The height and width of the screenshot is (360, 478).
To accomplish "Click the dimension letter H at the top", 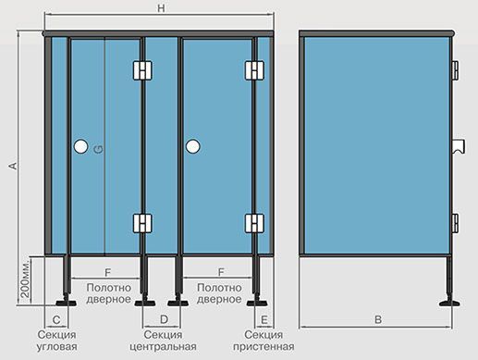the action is tap(161, 8).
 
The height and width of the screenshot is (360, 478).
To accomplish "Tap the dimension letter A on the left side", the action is tap(13, 166).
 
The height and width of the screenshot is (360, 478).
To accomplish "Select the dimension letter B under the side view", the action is tap(378, 319).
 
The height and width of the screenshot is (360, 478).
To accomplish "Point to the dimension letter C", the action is tap(56, 320).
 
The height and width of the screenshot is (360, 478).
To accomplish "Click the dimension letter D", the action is tap(164, 319).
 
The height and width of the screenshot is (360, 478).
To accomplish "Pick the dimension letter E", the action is tap(264, 320).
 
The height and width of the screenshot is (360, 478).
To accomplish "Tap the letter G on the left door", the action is tap(98, 150).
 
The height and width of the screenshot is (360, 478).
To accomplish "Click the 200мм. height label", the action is tap(26, 279).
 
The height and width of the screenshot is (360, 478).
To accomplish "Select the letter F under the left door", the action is tap(107, 272).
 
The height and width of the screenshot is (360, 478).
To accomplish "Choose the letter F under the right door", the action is tap(221, 272).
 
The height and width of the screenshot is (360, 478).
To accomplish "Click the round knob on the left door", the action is tap(81, 146).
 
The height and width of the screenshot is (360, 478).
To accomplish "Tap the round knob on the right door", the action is tap(193, 146).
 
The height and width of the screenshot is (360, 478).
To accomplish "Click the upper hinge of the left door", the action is tap(142, 70).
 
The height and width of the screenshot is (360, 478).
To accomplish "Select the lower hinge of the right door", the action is tap(254, 223).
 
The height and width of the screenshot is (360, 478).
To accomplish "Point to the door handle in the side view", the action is tap(459, 146).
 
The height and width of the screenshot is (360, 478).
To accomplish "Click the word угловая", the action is tap(56, 347).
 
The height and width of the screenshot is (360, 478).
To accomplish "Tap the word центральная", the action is tap(163, 347).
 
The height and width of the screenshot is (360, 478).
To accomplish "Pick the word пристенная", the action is tap(264, 347).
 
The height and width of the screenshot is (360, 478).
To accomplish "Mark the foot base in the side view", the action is tap(449, 304).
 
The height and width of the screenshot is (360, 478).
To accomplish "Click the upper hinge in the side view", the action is tap(455, 70).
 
